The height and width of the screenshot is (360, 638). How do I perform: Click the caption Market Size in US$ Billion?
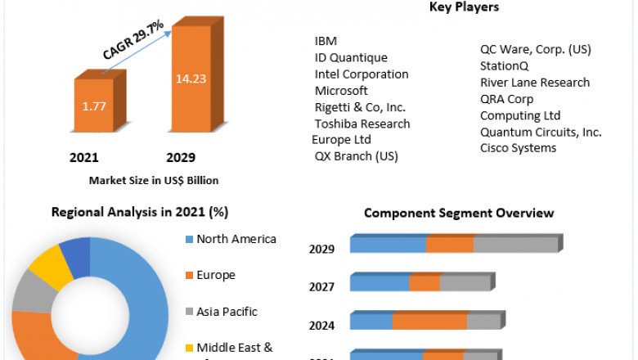[x=154, y=180]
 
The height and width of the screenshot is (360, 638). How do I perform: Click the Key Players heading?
[x=464, y=7]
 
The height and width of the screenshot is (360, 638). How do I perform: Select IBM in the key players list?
[x=326, y=41]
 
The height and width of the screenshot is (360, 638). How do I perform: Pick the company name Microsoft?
[x=341, y=90]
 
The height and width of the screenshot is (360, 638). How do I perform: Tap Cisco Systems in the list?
[x=518, y=147]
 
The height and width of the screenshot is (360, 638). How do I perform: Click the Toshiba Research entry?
[x=362, y=124]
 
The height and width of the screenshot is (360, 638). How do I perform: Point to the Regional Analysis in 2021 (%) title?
[x=140, y=212]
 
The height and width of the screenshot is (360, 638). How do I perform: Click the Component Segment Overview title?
[x=458, y=213]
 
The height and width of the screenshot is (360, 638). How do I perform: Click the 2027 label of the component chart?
[x=321, y=287]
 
